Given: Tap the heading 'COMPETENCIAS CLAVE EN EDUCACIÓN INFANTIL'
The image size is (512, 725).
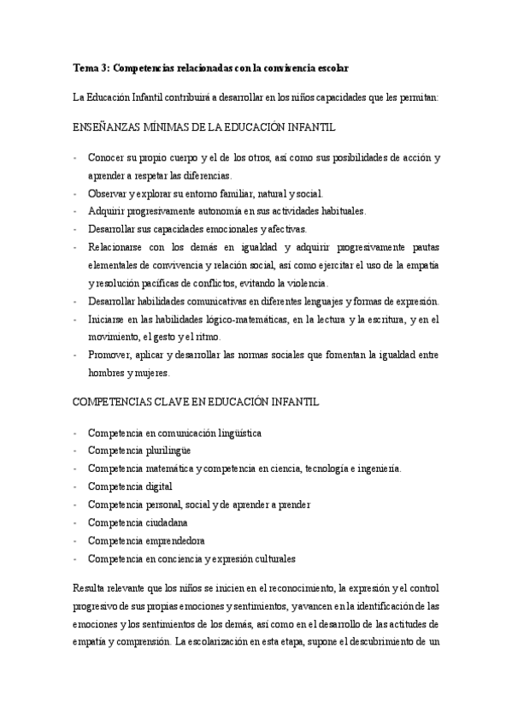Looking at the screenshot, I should pos(191,402).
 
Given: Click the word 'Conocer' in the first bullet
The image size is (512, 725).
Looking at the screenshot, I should pos(107,159).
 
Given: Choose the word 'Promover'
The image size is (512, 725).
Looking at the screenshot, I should pos(109,355).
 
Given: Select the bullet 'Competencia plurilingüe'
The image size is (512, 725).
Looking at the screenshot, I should pos(138,451).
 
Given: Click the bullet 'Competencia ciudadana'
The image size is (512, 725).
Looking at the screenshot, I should pos(138,522).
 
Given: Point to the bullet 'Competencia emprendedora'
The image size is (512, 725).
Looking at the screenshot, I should pos(145,540).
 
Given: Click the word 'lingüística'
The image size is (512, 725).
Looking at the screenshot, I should pos(235,433).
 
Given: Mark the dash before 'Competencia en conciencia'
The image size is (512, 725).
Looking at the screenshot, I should pos(76,558).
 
